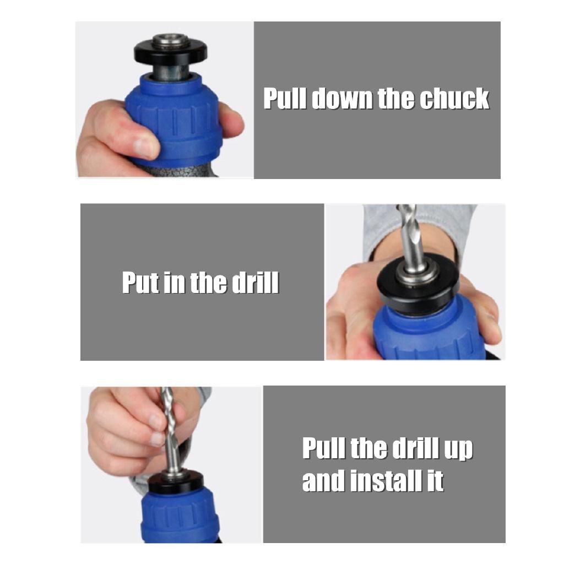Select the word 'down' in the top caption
341,98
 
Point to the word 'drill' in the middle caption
255,283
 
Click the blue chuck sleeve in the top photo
173,119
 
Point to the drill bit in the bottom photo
170,432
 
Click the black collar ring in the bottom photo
176,484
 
